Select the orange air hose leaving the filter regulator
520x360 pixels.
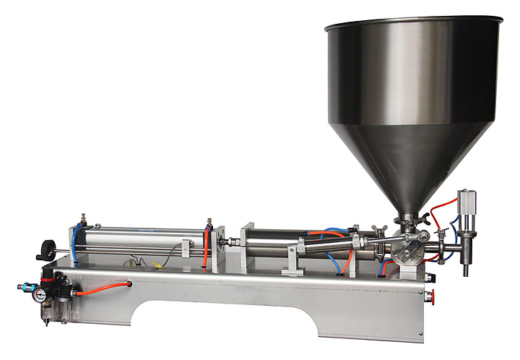pos(101,287)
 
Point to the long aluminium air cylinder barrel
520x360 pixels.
pos(141,235)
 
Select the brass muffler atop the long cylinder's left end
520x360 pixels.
pos(83,218)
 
